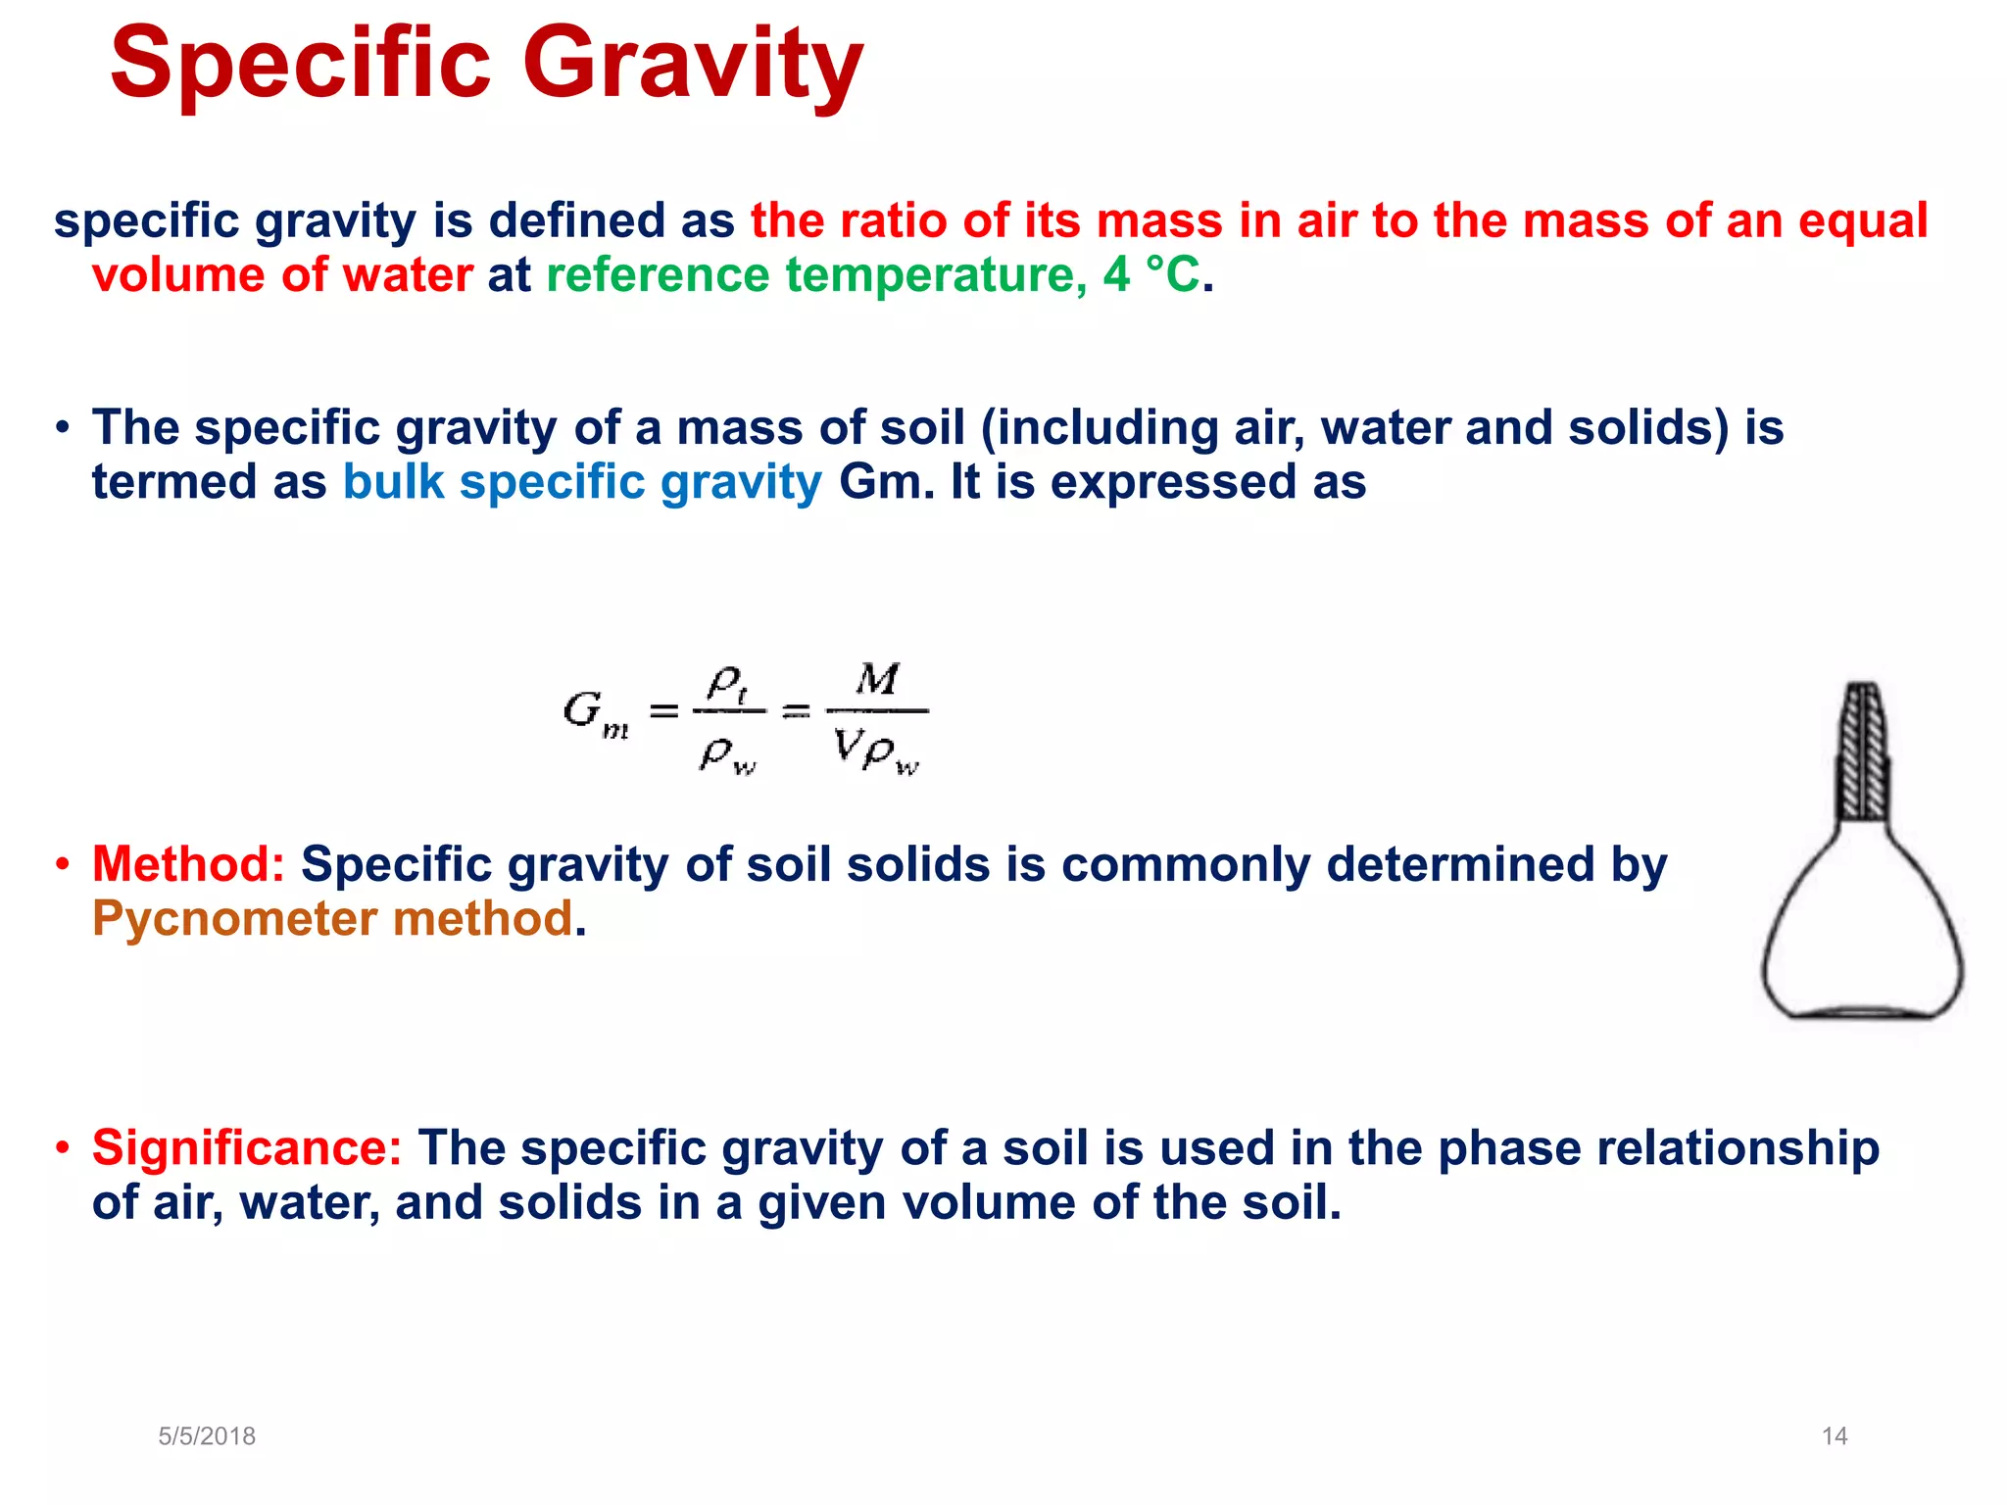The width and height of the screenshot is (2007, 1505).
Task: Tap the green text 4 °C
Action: (x=1150, y=275)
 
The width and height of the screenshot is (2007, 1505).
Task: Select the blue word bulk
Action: (x=394, y=482)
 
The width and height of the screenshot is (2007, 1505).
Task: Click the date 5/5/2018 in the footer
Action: (x=207, y=1435)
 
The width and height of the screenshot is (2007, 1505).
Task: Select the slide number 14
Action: (x=1834, y=1435)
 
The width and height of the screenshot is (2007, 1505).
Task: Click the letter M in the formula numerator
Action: (x=877, y=679)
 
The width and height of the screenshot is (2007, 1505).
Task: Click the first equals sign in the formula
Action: (x=664, y=710)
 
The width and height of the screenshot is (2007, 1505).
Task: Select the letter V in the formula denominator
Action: (x=846, y=748)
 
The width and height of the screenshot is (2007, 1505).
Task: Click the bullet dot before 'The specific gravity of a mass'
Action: (x=63, y=428)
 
